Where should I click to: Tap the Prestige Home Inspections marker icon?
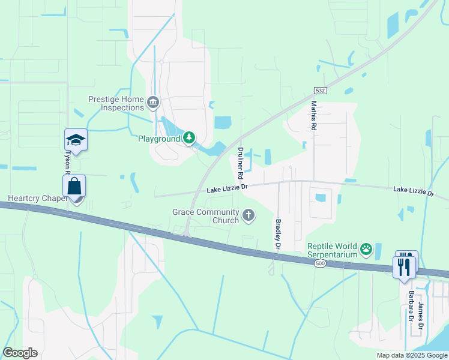(x=153, y=103)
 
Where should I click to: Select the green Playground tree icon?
(x=190, y=139)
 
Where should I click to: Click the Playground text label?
(x=160, y=139)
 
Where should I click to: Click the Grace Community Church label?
(x=205, y=216)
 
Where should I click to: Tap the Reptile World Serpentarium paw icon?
(x=366, y=248)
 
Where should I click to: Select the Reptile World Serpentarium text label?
(x=332, y=250)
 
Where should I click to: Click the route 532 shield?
(x=321, y=91)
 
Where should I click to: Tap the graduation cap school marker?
(x=76, y=140)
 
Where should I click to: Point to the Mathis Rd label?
(x=313, y=116)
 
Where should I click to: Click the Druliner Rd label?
(x=240, y=164)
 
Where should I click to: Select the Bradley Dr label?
(x=278, y=234)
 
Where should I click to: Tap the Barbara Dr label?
(x=411, y=307)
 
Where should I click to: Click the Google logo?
(x=20, y=353)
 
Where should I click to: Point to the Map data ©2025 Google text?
(x=412, y=355)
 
